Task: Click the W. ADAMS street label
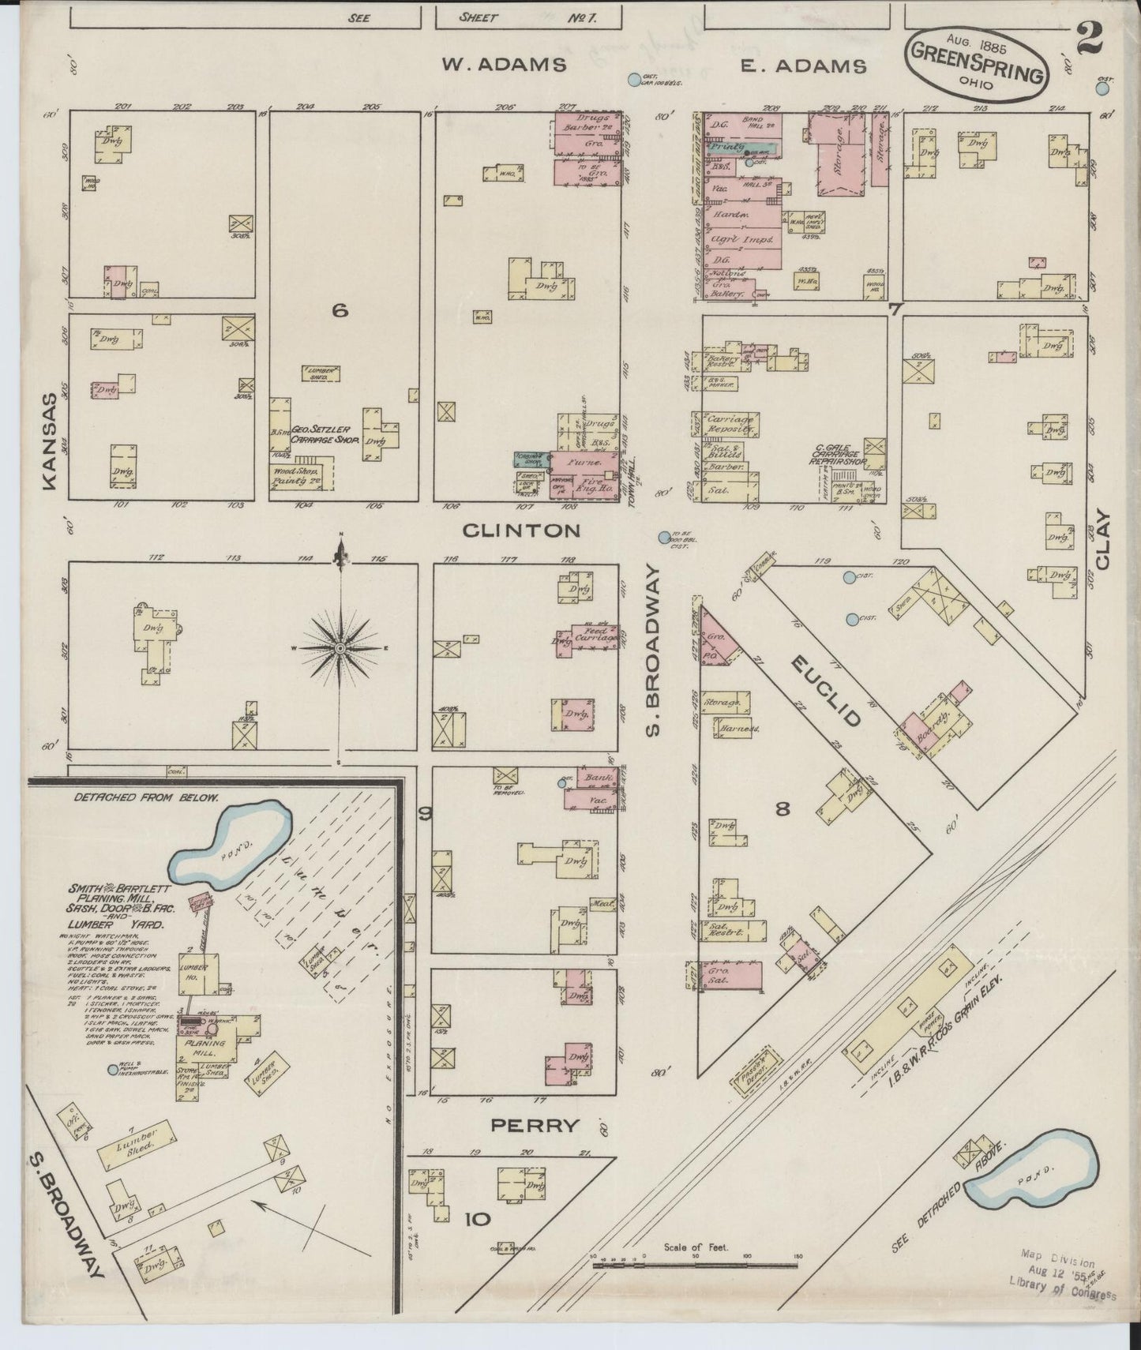point(503,65)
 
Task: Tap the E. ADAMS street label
point(803,66)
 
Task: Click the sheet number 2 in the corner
point(1089,39)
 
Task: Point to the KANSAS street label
point(50,441)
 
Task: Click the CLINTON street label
point(520,531)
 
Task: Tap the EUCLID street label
point(825,692)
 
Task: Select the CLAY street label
point(1102,541)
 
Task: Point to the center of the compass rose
point(340,648)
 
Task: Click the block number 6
point(340,311)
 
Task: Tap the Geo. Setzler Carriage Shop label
point(325,435)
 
